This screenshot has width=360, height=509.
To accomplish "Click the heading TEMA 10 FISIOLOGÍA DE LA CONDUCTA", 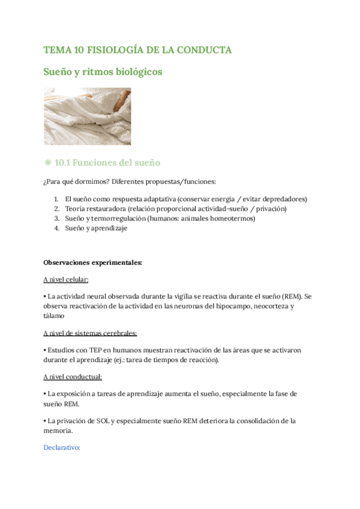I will tap(137, 50).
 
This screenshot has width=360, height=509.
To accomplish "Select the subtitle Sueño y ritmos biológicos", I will tap(103, 72).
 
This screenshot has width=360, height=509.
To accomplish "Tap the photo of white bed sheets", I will tap(87, 116).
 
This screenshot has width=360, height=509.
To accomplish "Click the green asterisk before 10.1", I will tap(47, 163).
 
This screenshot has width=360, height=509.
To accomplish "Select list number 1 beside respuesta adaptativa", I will tap(56, 199).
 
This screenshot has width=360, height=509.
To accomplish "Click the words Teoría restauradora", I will tap(92, 209).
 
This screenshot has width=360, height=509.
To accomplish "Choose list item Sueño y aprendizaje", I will tap(96, 228).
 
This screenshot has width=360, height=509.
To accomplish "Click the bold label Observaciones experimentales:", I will tap(93, 262).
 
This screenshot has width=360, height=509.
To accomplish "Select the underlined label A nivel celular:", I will tap(66, 280).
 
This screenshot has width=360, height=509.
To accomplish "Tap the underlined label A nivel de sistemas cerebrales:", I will tap(91, 333).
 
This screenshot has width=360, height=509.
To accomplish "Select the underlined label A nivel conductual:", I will tap(73, 376).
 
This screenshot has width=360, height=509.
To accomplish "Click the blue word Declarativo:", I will tap(62, 447).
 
